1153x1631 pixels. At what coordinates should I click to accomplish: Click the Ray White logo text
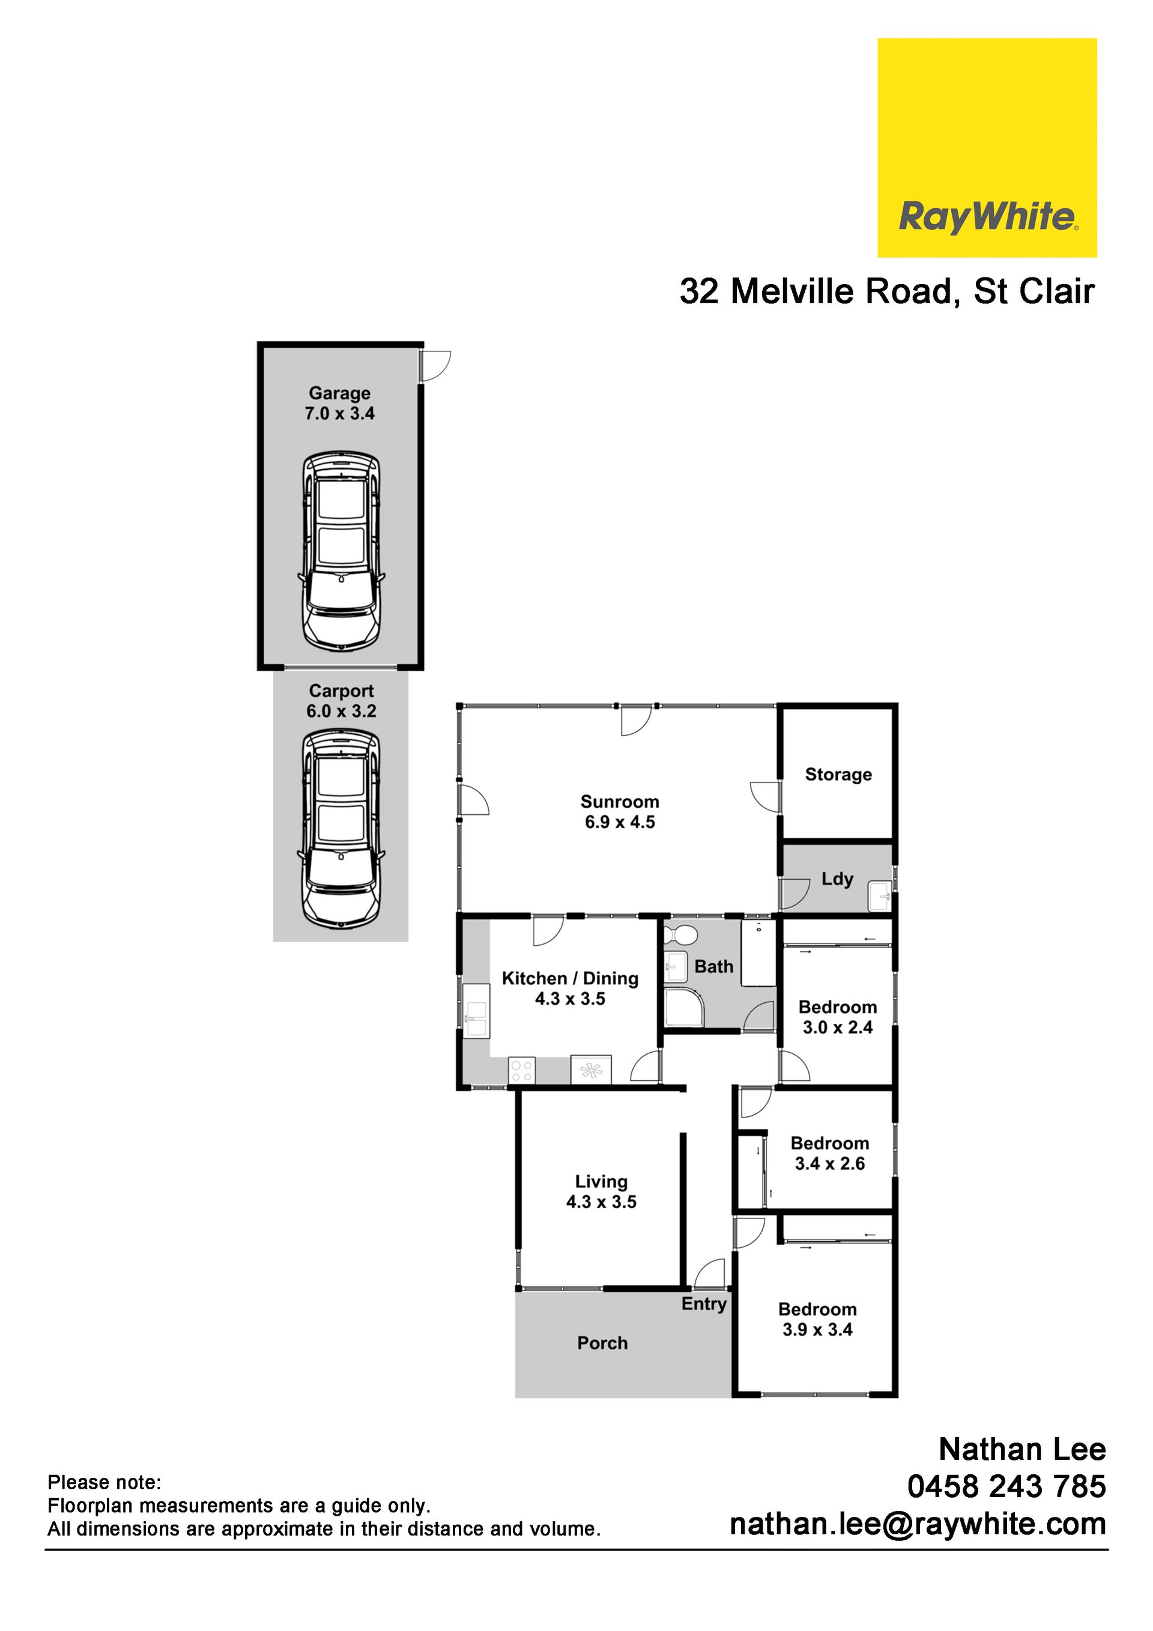coord(989,217)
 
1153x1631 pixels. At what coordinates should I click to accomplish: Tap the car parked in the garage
coord(341,552)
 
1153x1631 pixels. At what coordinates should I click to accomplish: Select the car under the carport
coord(341,830)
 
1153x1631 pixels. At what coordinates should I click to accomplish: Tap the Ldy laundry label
coord(837,879)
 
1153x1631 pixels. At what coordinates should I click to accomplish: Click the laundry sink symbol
coord(880,897)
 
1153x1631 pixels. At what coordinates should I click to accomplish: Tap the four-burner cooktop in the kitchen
coord(521,1071)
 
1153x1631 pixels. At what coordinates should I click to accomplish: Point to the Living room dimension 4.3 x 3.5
coord(601,1202)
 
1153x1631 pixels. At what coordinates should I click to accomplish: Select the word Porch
coord(602,1343)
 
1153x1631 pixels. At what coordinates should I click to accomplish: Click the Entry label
coord(704,1304)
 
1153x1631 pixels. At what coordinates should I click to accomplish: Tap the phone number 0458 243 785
coord(1006,1486)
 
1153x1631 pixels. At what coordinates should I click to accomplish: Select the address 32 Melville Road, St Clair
coord(886,291)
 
